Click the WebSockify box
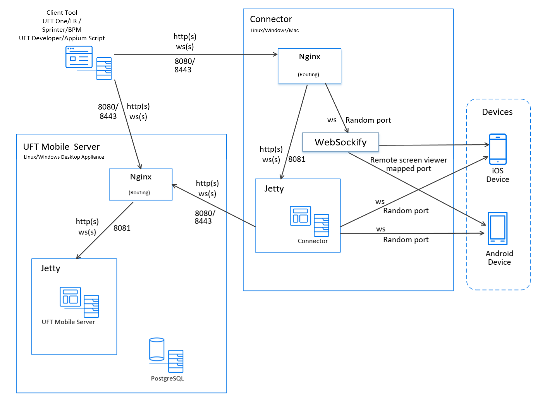[x=340, y=142]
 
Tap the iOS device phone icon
[x=497, y=149]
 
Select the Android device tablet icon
[x=497, y=228]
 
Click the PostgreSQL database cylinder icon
[x=156, y=349]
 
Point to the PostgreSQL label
[x=167, y=378]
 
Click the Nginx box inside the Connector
[x=309, y=65]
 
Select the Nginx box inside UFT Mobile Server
[x=141, y=184]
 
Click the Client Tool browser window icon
[x=79, y=56]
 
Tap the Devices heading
[x=497, y=111]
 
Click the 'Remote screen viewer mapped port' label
[x=408, y=164]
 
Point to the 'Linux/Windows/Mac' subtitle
[x=274, y=30]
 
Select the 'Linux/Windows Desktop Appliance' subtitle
[x=64, y=157]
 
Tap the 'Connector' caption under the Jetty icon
[x=312, y=241]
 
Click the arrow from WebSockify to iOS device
[x=434, y=145]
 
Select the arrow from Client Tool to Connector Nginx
[x=196, y=54]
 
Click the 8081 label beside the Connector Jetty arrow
[x=296, y=159]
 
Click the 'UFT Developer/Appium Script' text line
[x=62, y=38]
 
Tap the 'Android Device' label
[x=499, y=257]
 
